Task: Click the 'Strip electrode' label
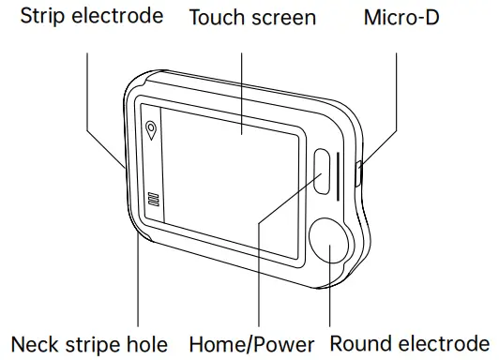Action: pos(92,17)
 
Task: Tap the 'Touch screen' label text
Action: pos(252,17)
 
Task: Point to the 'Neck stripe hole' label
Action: pos(90,343)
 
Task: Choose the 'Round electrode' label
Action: pos(410,343)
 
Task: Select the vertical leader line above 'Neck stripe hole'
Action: pos(138,281)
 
